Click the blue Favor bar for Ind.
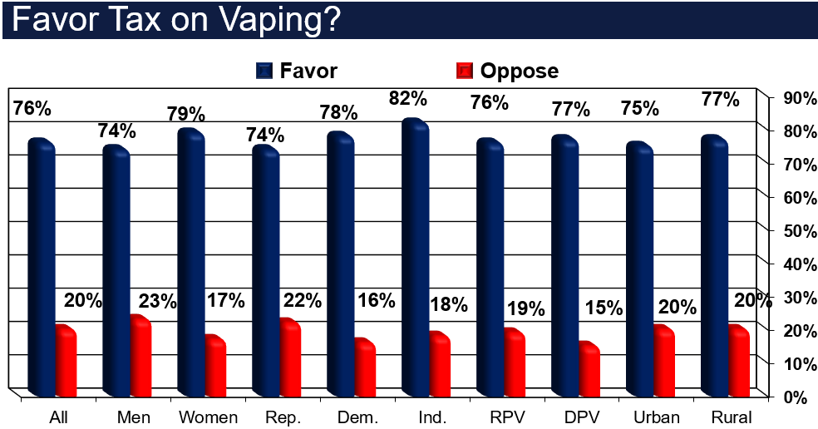click(x=415, y=258)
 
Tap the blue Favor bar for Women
click(x=190, y=262)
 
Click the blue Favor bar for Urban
click(x=639, y=270)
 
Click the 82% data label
click(x=408, y=98)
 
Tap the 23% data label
click(x=158, y=301)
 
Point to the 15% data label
click(x=604, y=308)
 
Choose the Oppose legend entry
click(x=507, y=71)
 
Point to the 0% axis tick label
click(x=793, y=397)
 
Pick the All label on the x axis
click(x=58, y=417)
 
